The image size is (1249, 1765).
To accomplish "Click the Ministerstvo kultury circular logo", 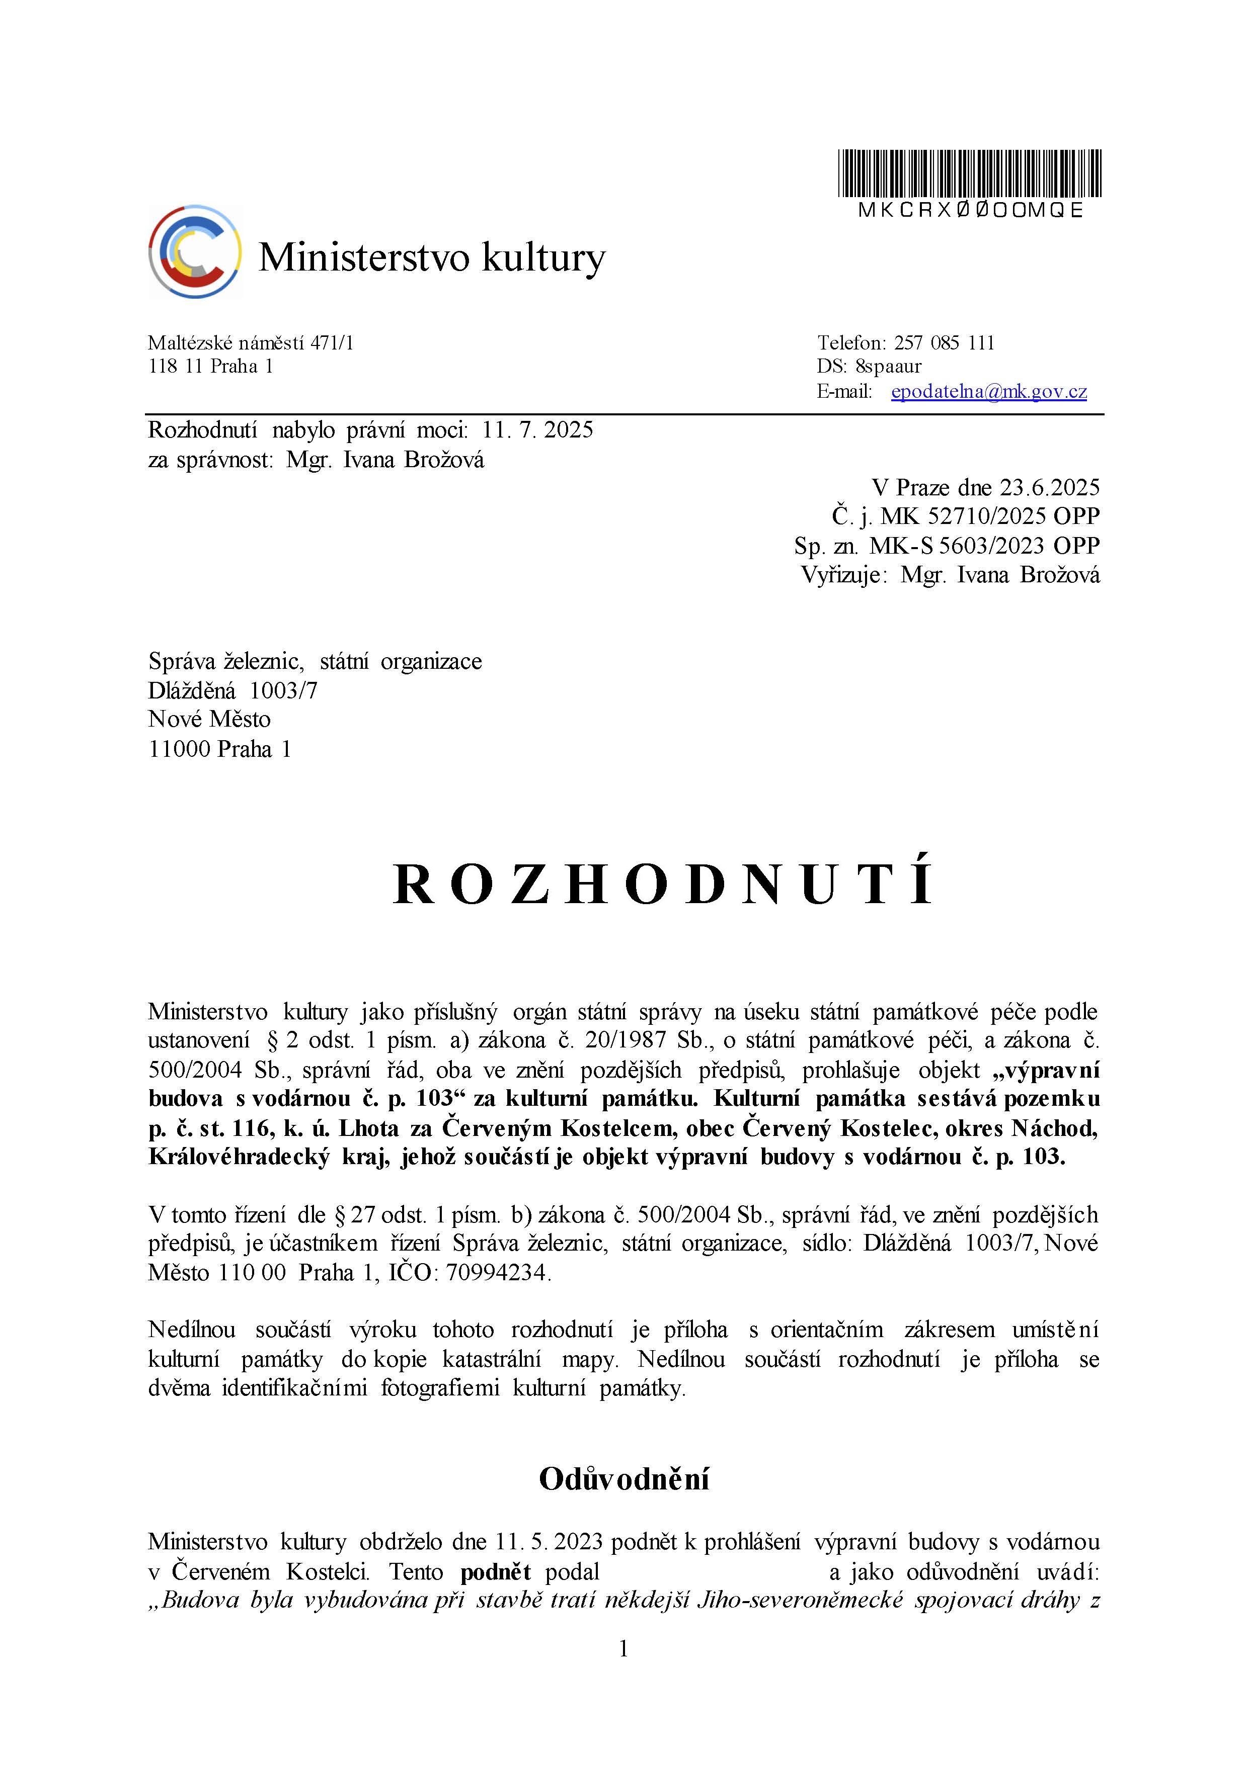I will pyautogui.click(x=195, y=251).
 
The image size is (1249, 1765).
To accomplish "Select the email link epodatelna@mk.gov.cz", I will pyautogui.click(x=988, y=391).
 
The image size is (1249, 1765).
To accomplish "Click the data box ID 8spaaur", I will pyautogui.click(x=888, y=367).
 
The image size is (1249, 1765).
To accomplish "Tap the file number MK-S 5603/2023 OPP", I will pyautogui.click(x=984, y=546).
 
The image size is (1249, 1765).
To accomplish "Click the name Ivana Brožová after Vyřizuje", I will pyautogui.click(x=1028, y=575).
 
